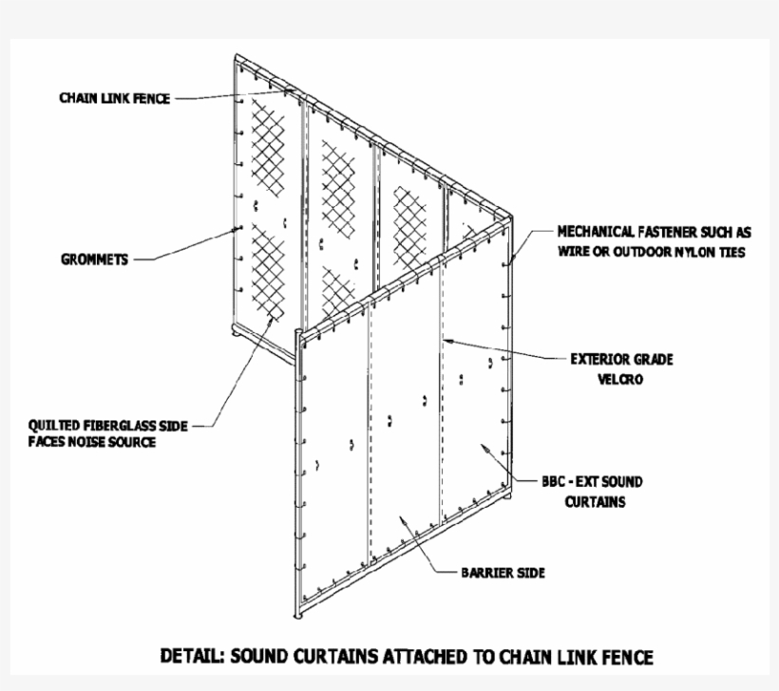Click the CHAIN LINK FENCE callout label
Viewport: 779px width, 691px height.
coord(115,98)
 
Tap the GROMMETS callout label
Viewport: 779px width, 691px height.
coord(92,258)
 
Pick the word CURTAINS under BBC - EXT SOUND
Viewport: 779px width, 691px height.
coord(595,502)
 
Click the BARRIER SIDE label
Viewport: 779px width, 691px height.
coord(503,573)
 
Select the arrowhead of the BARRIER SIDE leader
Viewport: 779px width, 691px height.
coord(400,516)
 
